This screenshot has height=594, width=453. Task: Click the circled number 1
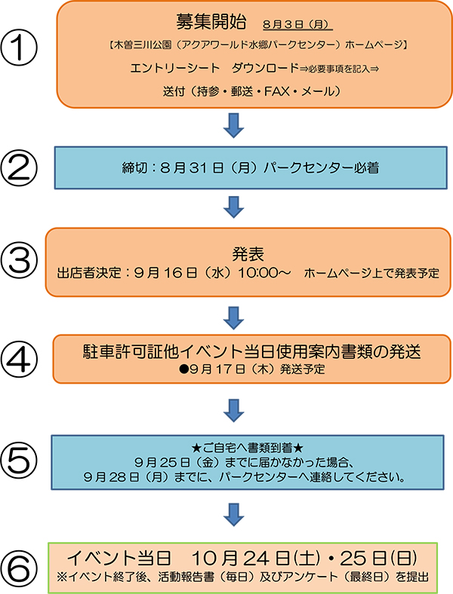[19, 47]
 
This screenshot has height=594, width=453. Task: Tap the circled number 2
[19, 168]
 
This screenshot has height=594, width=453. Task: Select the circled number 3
[19, 262]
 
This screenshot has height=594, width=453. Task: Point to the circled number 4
[19, 360]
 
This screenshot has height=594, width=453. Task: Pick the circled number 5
[19, 461]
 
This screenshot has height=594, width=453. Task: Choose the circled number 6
[19, 568]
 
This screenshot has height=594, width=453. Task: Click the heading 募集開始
[211, 22]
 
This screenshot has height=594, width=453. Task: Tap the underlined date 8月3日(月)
[297, 25]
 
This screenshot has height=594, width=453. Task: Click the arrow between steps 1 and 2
[233, 125]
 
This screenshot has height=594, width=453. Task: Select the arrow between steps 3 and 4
[233, 318]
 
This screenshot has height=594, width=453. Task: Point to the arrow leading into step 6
[233, 515]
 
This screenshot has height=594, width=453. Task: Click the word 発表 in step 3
[248, 254]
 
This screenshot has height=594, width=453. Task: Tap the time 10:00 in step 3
[259, 273]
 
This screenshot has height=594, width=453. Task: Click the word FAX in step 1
[277, 91]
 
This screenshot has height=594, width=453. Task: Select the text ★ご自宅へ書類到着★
[248, 449]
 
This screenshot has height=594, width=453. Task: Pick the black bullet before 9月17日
[184, 369]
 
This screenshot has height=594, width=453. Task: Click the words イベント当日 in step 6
[119, 559]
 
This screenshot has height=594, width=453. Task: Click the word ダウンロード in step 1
[266, 68]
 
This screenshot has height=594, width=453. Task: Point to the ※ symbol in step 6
[62, 577]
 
